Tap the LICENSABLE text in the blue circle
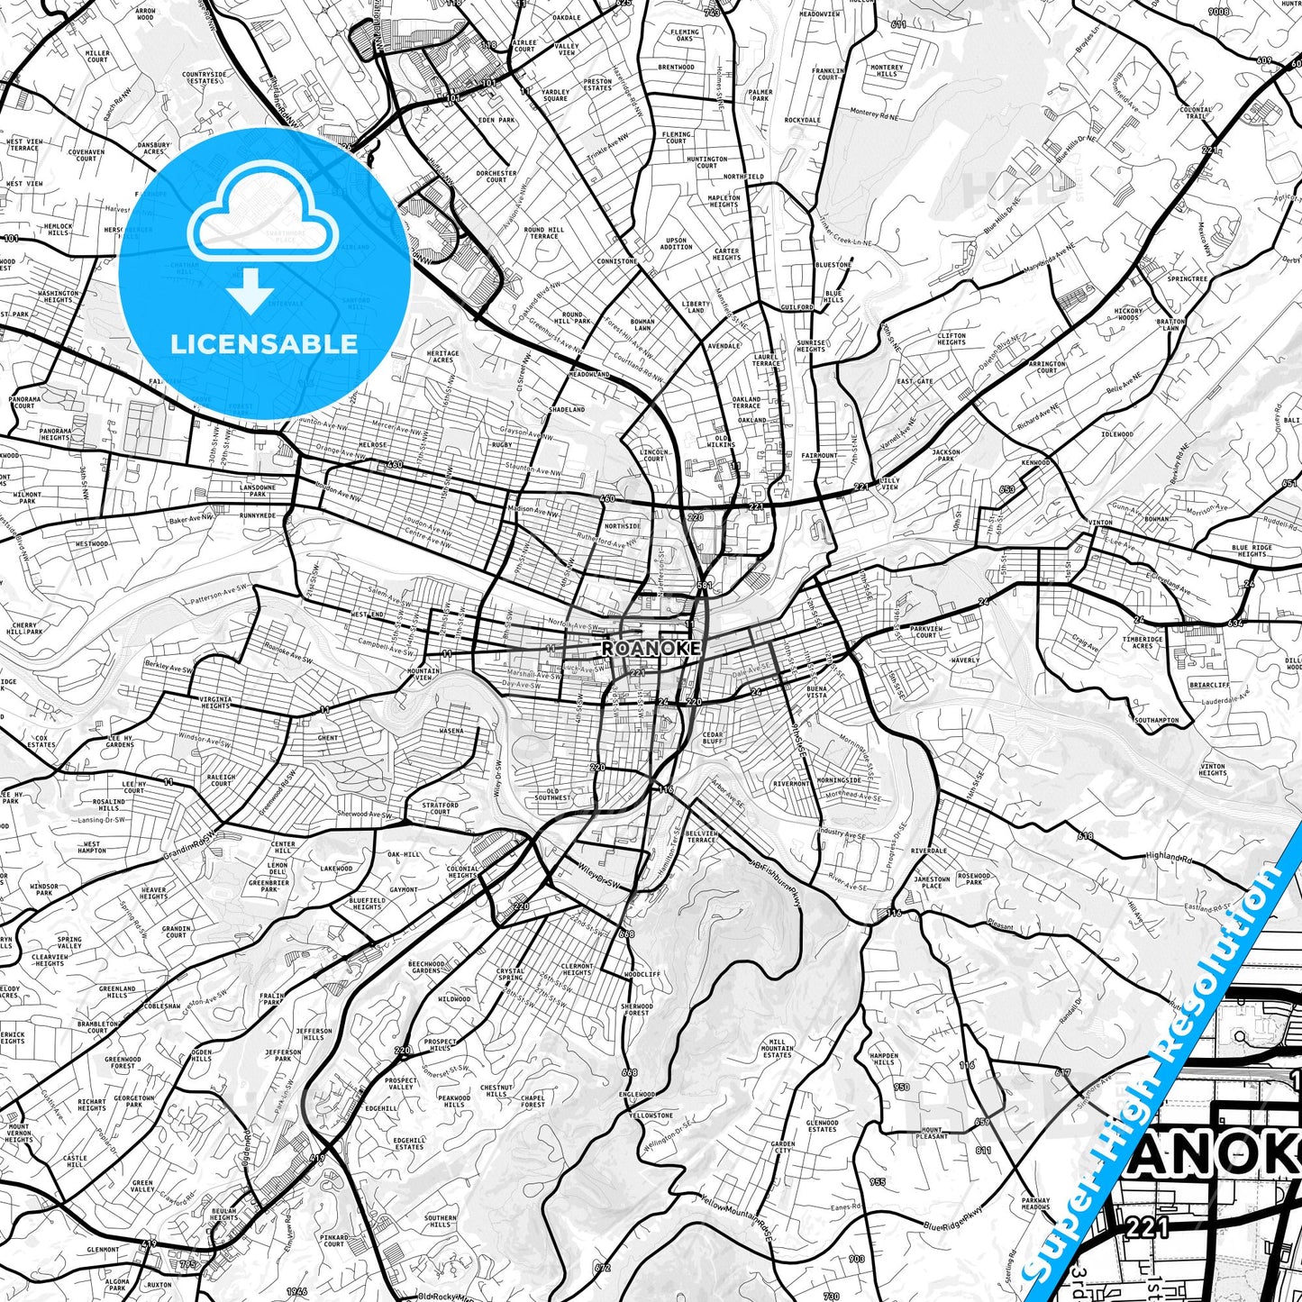click(264, 344)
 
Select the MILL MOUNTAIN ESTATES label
click(777, 1048)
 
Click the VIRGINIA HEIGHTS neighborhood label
click(215, 703)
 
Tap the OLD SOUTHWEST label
click(552, 794)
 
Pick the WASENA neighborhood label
click(451, 731)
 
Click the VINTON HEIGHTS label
click(1213, 769)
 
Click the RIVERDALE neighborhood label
click(928, 851)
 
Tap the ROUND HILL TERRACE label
click(543, 232)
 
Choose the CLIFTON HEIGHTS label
click(951, 339)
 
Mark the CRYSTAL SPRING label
click(510, 974)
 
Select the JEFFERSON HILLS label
click(314, 1033)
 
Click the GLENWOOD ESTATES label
click(822, 1126)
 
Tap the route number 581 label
click(704, 587)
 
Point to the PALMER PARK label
click(760, 95)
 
